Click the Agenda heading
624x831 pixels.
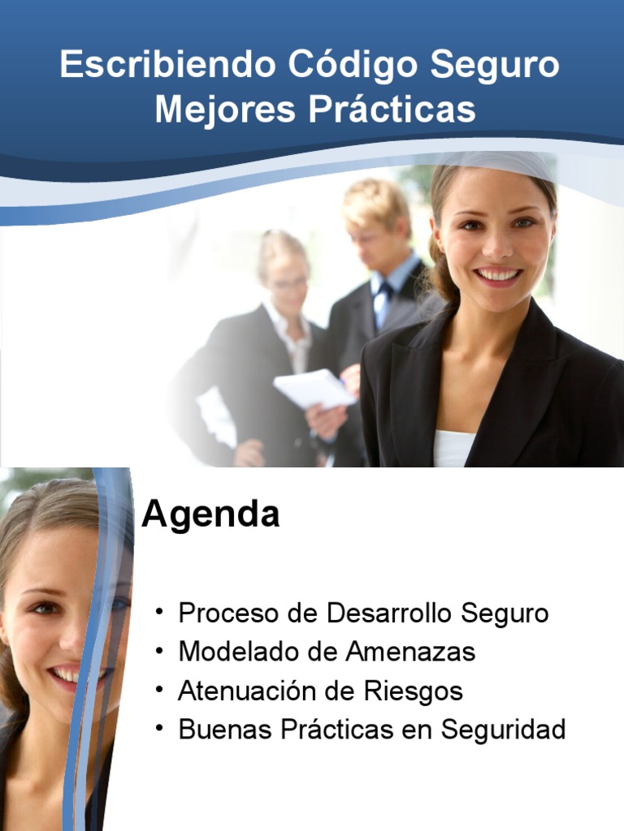pyautogui.click(x=210, y=515)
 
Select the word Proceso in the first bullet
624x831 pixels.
pyautogui.click(x=230, y=614)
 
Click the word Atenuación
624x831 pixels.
pyautogui.click(x=246, y=691)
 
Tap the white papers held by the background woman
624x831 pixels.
pyautogui.click(x=314, y=388)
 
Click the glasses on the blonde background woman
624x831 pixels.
pyautogui.click(x=288, y=284)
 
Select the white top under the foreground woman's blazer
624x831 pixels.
pyautogui.click(x=453, y=447)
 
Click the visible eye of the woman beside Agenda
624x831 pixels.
pyautogui.click(x=45, y=607)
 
